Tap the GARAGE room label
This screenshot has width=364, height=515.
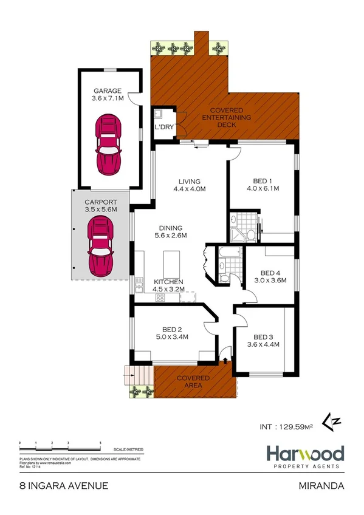[x=107, y=91]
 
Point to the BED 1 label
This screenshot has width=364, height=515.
[x=263, y=180]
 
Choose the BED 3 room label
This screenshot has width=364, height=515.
[x=263, y=337]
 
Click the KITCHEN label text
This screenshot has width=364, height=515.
[x=168, y=282]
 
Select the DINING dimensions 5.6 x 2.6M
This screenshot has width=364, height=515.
[x=171, y=236]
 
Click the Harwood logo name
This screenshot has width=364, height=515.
[x=305, y=454]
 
